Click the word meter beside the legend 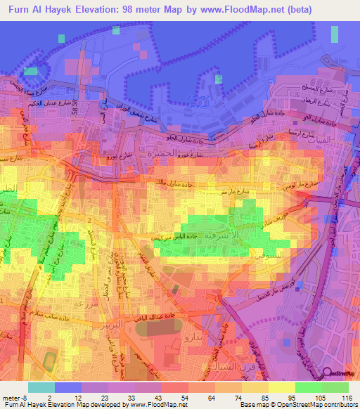pos(12,397)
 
